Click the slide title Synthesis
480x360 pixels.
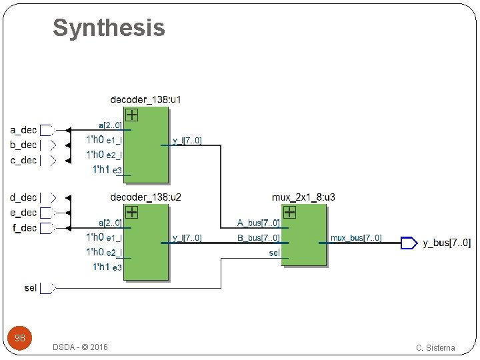(109, 28)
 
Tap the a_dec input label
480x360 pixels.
(23, 130)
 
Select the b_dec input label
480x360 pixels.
(23, 145)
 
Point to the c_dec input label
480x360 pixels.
(23, 160)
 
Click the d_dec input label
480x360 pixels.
(23, 197)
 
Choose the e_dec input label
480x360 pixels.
(23, 213)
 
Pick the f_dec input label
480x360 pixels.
(23, 228)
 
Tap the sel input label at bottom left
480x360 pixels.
(30, 288)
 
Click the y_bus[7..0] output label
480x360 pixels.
(447, 243)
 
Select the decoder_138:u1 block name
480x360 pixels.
(145, 100)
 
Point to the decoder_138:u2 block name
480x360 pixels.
(145, 197)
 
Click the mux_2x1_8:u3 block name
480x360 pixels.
(303, 197)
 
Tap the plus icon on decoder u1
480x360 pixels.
(132, 115)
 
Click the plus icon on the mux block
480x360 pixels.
(289, 213)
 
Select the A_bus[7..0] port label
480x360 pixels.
(259, 223)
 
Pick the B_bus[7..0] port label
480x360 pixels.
(259, 238)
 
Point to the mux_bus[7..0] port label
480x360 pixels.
(356, 238)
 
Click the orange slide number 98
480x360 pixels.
(20, 338)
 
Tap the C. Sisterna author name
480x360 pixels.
(435, 347)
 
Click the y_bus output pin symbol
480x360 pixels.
(408, 243)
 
